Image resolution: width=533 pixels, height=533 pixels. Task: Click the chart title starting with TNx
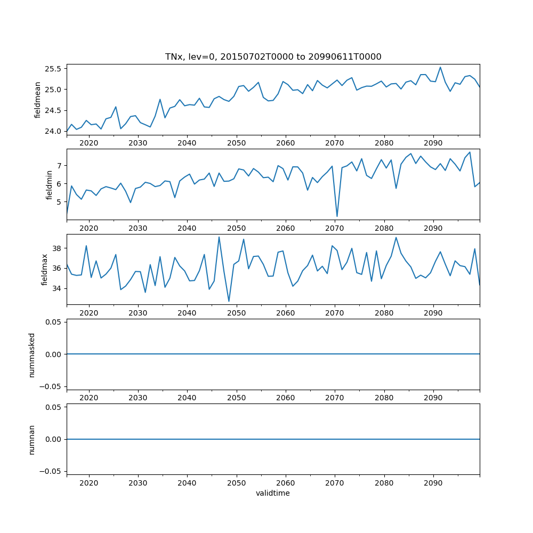(273, 56)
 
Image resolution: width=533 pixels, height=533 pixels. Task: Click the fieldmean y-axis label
(38, 100)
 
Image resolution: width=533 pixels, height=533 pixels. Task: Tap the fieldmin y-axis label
(49, 185)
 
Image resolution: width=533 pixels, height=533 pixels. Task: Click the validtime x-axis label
(273, 494)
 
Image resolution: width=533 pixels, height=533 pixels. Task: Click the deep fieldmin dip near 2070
(337, 216)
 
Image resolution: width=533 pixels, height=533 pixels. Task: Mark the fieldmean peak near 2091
(440, 67)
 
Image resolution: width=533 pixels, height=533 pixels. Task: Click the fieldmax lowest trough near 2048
(229, 302)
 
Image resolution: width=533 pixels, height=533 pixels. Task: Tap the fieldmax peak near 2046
(219, 237)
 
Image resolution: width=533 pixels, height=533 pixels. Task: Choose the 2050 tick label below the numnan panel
(236, 482)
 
